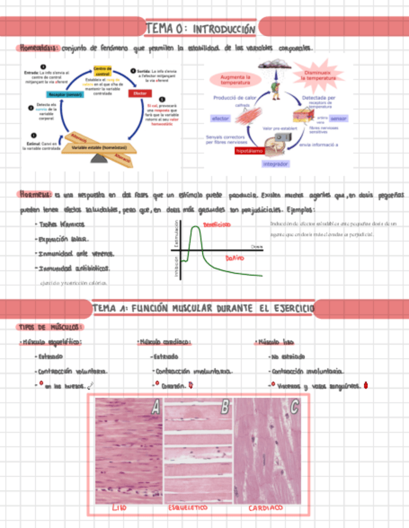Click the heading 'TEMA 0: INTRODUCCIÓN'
(x=201, y=29)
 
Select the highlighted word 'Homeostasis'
(x=39, y=48)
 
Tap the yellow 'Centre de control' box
(x=102, y=71)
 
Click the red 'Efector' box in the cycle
(x=139, y=93)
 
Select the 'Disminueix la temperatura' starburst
(x=320, y=76)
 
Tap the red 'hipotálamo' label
(x=249, y=151)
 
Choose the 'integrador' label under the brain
(x=275, y=164)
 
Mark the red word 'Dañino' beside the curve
(x=234, y=257)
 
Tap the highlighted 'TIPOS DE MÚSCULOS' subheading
(x=49, y=327)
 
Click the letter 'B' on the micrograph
(x=224, y=408)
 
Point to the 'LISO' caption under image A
(x=119, y=508)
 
